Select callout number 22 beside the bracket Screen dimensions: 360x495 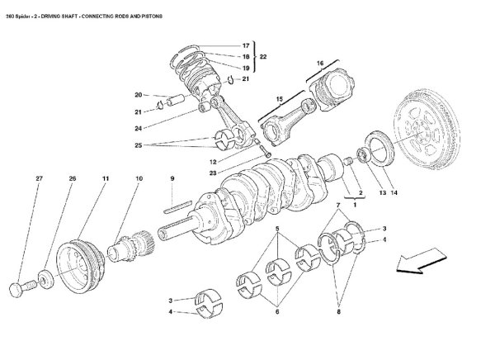pos(263,56)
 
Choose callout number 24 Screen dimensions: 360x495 pos(138,127)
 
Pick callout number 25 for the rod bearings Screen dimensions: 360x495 pos(138,144)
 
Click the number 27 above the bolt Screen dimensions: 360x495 pos(39,178)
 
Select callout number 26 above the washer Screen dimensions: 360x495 pos(72,178)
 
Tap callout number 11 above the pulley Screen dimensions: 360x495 pos(106,178)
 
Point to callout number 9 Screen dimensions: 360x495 pos(172,178)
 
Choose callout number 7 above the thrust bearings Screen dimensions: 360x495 pos(337,203)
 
